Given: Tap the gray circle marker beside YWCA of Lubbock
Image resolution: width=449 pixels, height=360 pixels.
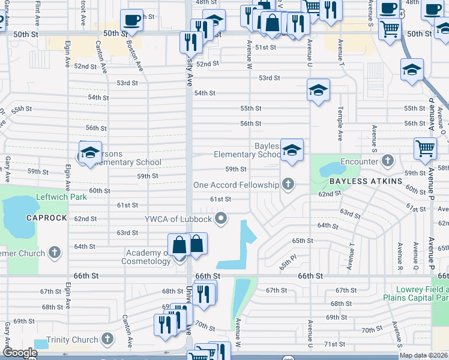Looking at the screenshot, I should coord(221,218).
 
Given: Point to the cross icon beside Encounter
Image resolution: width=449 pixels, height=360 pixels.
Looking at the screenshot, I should coord(388,161).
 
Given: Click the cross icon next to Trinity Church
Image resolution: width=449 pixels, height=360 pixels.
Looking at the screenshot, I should coord(107,340).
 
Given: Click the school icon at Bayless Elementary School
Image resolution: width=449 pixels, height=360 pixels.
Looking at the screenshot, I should coord(292,150).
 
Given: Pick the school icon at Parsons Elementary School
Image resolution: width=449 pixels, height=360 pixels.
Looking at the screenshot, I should coord(90,152).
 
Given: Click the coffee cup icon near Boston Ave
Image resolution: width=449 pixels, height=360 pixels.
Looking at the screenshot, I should coord(131,20).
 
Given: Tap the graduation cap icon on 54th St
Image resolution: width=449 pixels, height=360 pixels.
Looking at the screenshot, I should coord(318,91).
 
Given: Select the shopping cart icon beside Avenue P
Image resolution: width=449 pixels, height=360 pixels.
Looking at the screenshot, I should coord(425,148).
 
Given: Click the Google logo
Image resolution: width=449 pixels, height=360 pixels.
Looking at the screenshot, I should coord(20,353).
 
